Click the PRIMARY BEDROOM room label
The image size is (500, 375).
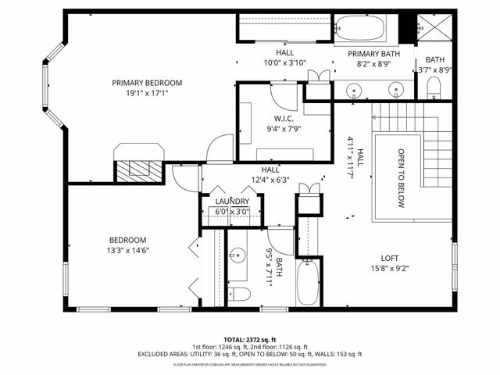(146, 83)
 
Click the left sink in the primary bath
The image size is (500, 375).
(356, 89)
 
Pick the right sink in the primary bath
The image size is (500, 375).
(397, 89)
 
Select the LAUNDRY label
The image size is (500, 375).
(232, 202)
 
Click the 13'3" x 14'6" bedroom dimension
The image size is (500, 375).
(128, 251)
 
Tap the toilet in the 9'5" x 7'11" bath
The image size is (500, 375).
(241, 294)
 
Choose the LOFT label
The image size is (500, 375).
(390, 259)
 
